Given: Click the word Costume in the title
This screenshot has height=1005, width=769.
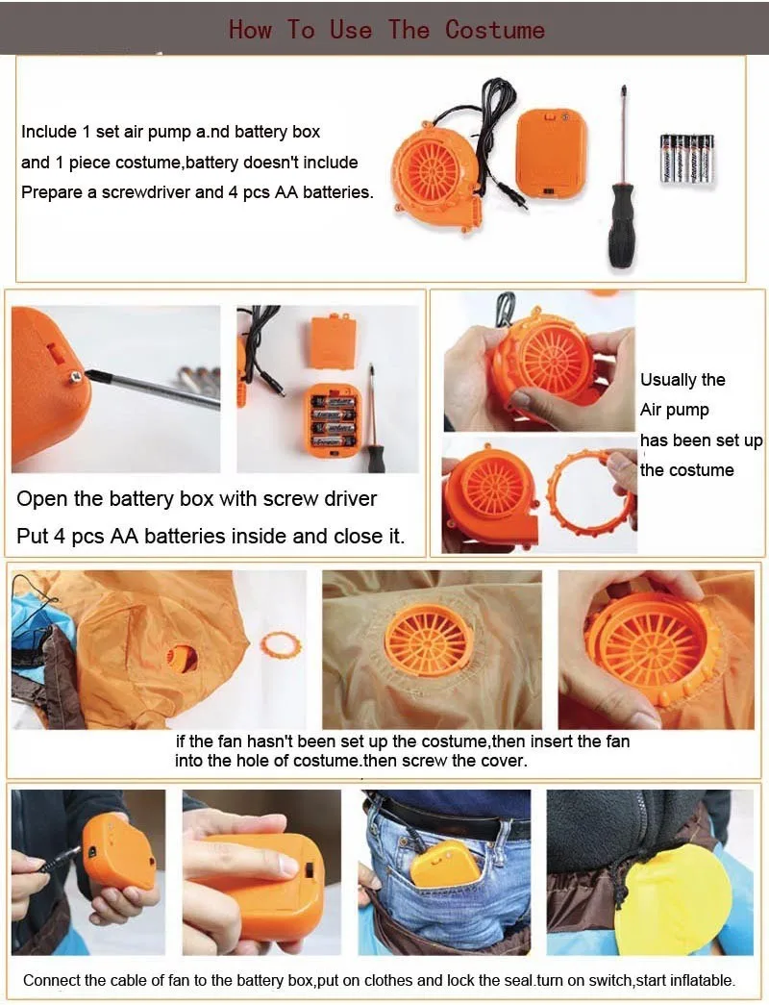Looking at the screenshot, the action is [495, 30].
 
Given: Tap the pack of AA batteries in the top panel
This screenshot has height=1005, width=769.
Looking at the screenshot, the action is [687, 161].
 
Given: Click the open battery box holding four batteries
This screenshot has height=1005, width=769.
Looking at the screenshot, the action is [332, 420].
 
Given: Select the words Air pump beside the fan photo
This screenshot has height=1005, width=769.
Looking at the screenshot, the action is [675, 411].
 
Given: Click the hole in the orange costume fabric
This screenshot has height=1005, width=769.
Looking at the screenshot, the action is [183, 659].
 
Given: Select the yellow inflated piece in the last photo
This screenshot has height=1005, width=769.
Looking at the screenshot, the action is [671, 900].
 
